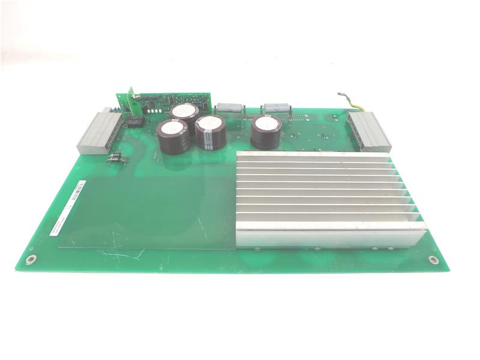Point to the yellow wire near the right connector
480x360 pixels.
[x=354, y=103]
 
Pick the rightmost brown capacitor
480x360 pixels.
[x=266, y=132]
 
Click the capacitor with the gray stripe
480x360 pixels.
[x=211, y=132]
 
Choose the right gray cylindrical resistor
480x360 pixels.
[x=275, y=108]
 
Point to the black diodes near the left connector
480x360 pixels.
[x=115, y=158]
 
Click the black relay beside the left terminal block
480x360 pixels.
[x=136, y=122]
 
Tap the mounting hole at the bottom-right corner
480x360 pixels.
[x=433, y=260]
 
